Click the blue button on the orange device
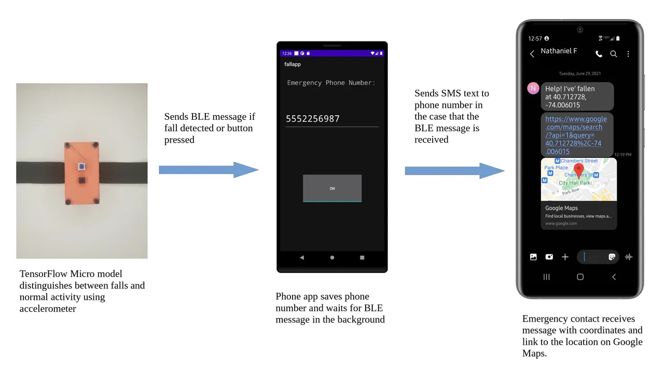(x=81, y=166)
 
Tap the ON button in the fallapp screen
(x=332, y=188)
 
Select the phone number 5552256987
(x=313, y=119)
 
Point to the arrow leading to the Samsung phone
(x=454, y=171)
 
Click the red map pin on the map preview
(x=579, y=170)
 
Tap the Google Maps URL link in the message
(x=576, y=135)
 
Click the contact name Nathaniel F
(x=559, y=51)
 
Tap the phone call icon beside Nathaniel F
(x=599, y=54)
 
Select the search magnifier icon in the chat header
(x=614, y=54)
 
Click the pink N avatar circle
(x=533, y=88)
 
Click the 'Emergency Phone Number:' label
(x=331, y=82)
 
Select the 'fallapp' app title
(x=293, y=64)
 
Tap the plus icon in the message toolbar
(x=565, y=257)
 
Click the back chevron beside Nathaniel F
(x=532, y=54)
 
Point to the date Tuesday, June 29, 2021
(x=580, y=74)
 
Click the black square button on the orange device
(x=81, y=180)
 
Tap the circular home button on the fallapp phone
(x=332, y=257)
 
